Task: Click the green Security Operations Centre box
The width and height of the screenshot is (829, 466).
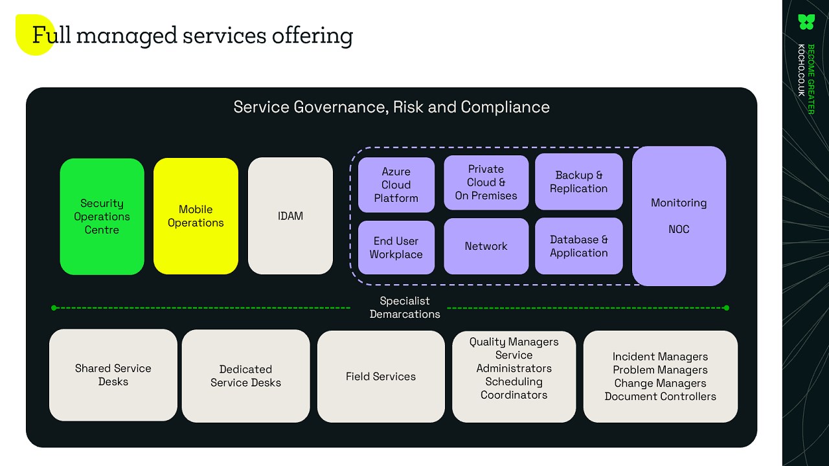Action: [102, 216]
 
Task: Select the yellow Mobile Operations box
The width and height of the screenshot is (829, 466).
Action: [196, 216]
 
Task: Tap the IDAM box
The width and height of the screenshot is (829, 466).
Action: [290, 216]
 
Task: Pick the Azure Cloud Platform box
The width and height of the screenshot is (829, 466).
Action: [396, 185]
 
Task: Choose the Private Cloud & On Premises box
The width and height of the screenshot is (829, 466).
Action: [486, 183]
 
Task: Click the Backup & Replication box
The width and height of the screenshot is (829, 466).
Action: [578, 182]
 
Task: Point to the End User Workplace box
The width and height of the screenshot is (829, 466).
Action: [396, 247]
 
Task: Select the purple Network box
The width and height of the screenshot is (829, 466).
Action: [486, 246]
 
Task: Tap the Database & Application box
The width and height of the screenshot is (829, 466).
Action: [578, 246]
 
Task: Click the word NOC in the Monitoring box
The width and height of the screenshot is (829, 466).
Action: [679, 229]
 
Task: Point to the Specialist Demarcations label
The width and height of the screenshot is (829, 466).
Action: [405, 307]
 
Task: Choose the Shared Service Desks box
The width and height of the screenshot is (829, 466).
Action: [113, 375]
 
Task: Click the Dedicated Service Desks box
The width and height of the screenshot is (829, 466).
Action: [245, 376]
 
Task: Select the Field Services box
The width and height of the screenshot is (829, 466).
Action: [381, 376]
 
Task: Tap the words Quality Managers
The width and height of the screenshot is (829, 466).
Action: [514, 342]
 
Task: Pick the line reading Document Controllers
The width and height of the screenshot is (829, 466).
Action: [660, 397]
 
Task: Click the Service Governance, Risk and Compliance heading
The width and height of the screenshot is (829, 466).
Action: [391, 107]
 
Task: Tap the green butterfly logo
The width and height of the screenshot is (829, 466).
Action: [806, 22]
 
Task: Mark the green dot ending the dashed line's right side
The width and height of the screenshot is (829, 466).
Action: [726, 308]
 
